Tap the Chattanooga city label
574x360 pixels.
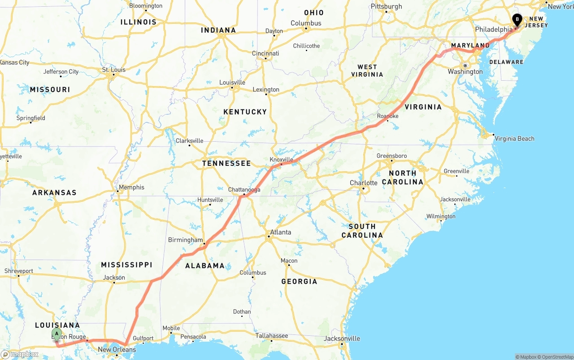tap(244, 190)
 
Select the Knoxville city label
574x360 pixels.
tap(281, 160)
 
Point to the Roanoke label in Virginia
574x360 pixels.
tap(387, 116)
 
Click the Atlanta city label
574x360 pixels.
tap(280, 232)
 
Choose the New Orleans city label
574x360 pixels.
tap(117, 350)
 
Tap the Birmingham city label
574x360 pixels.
tap(185, 240)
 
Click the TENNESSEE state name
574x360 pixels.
tap(226, 163)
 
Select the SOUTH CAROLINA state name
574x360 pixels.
tap(362, 230)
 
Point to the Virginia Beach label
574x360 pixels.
tap(514, 139)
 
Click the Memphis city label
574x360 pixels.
tap(131, 187)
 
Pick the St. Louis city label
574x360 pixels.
tap(114, 70)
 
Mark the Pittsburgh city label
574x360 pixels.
tap(386, 7)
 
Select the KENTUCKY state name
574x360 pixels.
tap(245, 112)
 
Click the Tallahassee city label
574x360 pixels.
tap(272, 336)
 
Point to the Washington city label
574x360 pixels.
tap(465, 72)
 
